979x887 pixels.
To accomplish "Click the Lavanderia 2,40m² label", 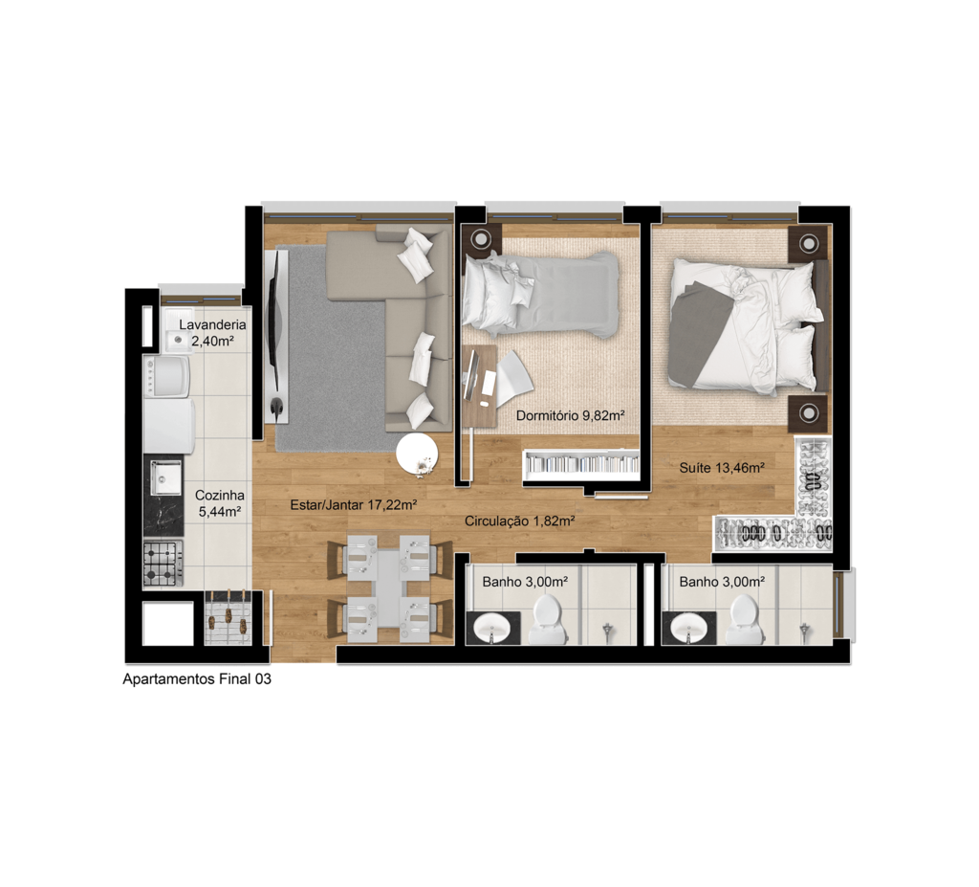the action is tap(212, 333).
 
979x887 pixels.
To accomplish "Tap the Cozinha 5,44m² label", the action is tap(220, 503).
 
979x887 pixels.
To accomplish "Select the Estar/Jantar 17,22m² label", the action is tap(354, 504).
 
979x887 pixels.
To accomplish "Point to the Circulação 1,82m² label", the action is tap(519, 521).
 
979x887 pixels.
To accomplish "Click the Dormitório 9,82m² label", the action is tap(571, 415).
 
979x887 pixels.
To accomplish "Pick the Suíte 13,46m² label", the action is tap(723, 467).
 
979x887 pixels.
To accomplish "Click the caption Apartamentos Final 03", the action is tap(197, 678).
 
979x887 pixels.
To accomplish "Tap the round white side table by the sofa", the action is tap(417, 455).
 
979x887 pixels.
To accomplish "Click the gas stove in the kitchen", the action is tap(163, 564).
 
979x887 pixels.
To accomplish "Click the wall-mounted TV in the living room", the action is tap(273, 331).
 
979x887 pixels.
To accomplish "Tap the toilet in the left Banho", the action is tap(548, 618).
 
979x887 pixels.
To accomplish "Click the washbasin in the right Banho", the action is tap(687, 628).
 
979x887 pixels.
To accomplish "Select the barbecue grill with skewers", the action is tap(228, 618).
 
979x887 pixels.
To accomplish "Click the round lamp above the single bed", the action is tap(481, 239).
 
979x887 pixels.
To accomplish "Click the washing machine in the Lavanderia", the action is tap(166, 377).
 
